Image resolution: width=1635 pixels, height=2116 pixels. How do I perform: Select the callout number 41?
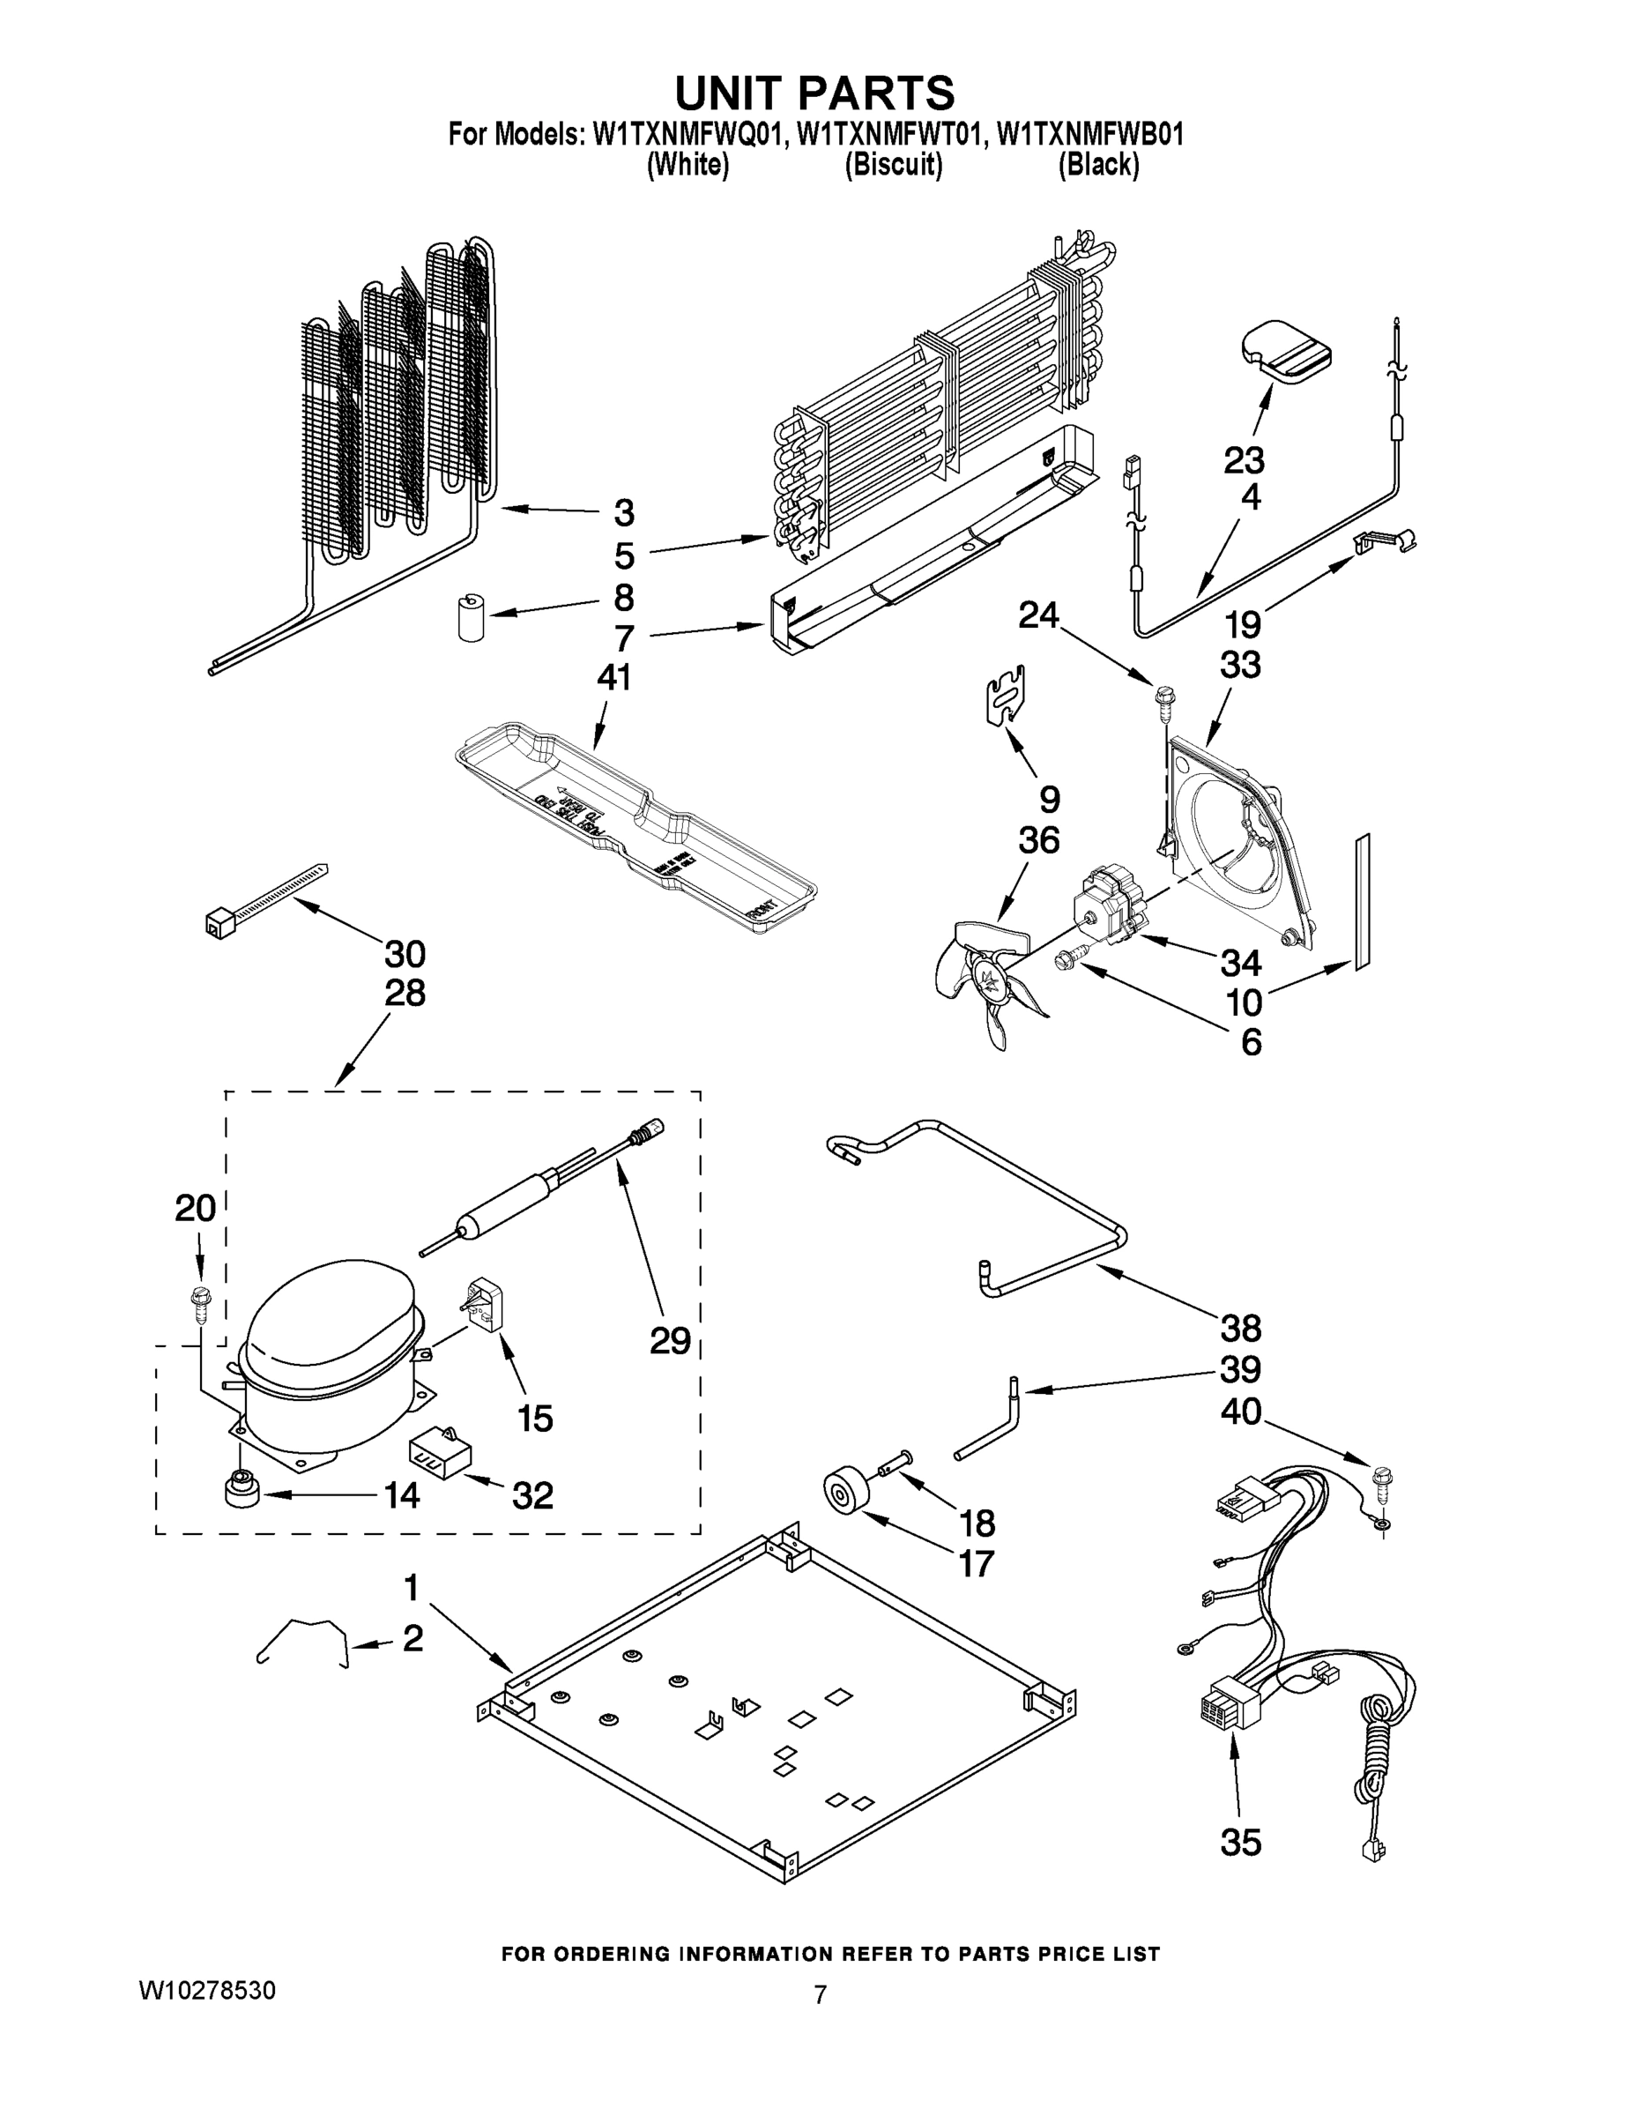pyautogui.click(x=614, y=676)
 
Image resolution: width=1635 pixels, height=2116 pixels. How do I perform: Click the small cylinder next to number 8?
pyautogui.click(x=471, y=618)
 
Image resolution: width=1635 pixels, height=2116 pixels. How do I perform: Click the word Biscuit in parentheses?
pyautogui.click(x=893, y=166)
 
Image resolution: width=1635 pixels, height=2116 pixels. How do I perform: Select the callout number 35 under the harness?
pyautogui.click(x=1241, y=1842)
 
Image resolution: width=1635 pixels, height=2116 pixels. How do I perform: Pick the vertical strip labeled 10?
pyautogui.click(x=1363, y=900)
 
